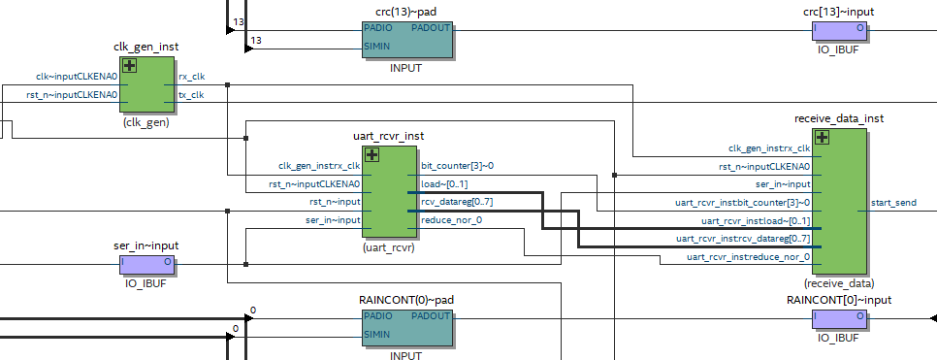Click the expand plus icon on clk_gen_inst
[128, 66]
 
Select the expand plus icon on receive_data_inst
[823, 138]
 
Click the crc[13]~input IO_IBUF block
[840, 29]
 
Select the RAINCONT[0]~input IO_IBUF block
[840, 316]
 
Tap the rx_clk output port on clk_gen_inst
[191, 76]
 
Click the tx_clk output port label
[191, 94]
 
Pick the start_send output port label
[893, 203]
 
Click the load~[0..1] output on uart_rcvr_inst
[444, 183]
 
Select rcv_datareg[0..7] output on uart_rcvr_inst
[456, 202]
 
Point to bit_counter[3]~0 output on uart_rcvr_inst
[457, 166]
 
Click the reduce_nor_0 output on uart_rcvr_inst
[451, 220]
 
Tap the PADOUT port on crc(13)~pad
[430, 28]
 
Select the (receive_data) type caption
[839, 283]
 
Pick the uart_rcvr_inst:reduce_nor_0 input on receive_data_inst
[748, 256]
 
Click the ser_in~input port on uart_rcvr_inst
[328, 220]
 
